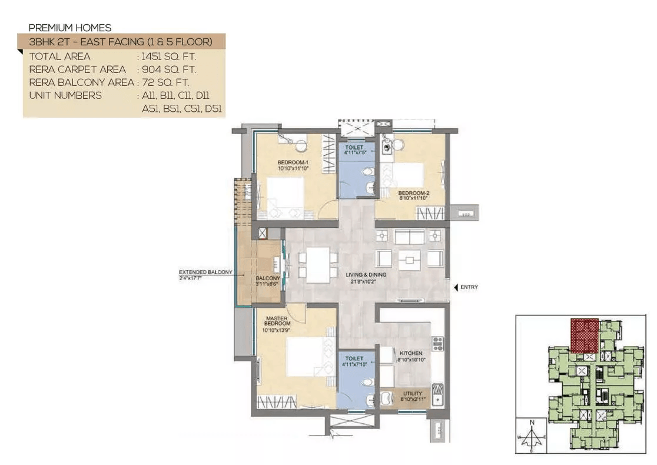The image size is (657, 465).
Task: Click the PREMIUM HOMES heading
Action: click(70, 28)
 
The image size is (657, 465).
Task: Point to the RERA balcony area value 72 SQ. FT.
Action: click(165, 82)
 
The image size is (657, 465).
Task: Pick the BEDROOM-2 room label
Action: click(413, 193)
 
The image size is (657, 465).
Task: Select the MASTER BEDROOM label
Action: click(276, 321)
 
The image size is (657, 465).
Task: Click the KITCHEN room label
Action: click(410, 353)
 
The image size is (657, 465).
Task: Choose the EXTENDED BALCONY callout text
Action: click(205, 273)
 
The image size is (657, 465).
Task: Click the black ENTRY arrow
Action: click(456, 287)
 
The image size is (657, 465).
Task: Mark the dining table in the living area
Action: click(318, 265)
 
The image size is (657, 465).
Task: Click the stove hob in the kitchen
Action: click(437, 343)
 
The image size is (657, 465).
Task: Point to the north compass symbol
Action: click(532, 436)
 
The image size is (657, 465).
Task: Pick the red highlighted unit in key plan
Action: click(585, 336)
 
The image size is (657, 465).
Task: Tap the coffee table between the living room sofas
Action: click(409, 260)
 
